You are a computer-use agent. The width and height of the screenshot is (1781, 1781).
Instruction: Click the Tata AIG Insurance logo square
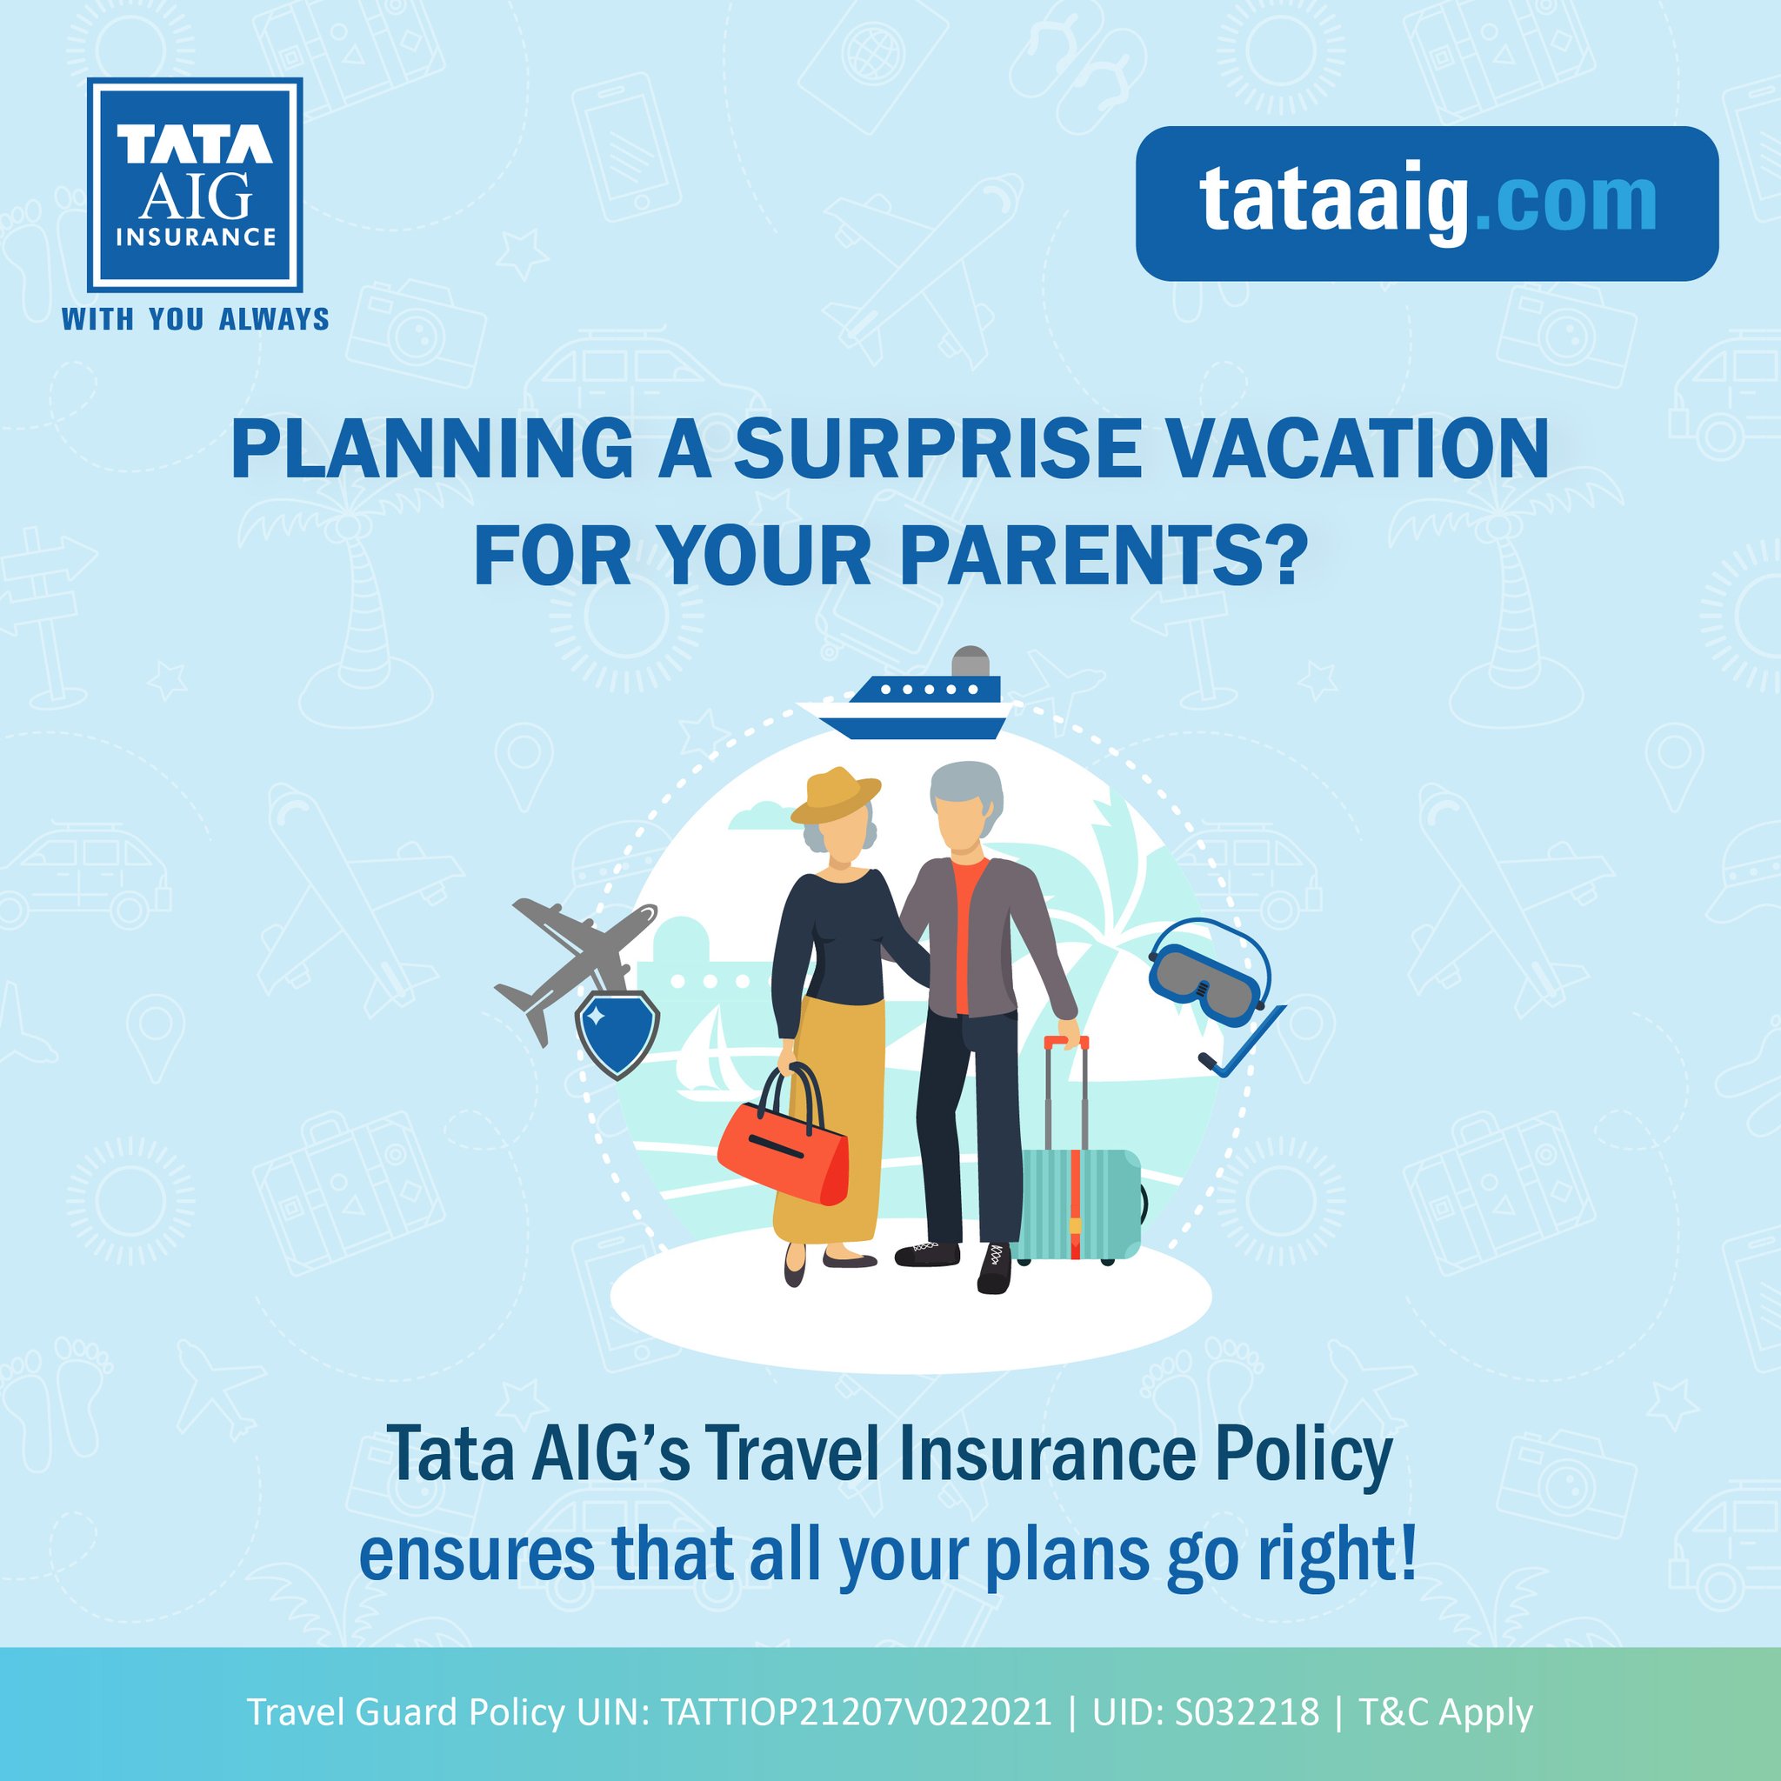[195, 184]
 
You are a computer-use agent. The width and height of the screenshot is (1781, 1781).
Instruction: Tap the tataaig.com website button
[1426, 203]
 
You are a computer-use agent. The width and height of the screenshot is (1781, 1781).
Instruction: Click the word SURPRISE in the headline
[937, 450]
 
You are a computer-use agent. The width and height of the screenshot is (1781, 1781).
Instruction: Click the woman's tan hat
[834, 795]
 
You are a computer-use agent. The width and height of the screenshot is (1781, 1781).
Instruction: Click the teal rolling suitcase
[1078, 1202]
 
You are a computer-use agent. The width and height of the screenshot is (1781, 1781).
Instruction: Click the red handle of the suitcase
[1065, 1042]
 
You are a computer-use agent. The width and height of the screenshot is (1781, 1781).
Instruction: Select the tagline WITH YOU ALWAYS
[196, 320]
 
